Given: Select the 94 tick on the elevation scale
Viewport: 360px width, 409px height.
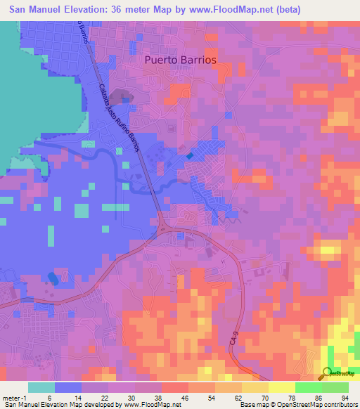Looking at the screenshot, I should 345,398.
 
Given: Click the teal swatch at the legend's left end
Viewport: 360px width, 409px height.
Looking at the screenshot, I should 41,387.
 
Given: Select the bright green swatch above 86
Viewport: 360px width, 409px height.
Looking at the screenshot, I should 308,387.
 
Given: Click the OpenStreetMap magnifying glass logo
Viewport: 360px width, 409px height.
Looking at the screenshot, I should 328,372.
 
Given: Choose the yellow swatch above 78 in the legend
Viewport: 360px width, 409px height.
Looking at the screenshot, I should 281,387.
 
